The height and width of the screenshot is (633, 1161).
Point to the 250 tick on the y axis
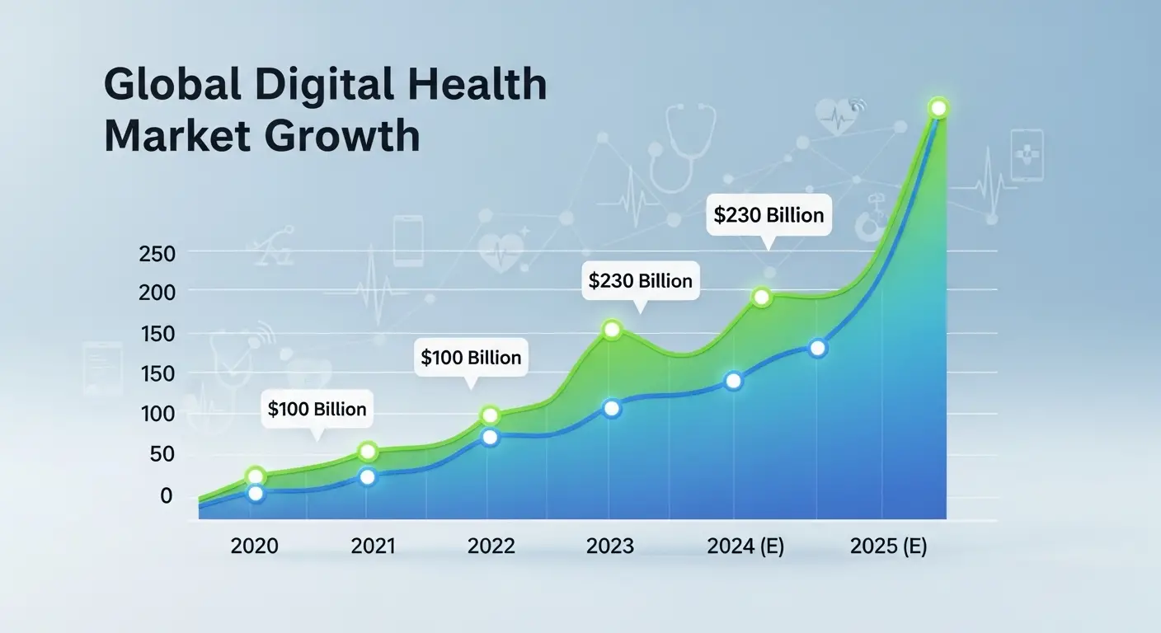coord(157,254)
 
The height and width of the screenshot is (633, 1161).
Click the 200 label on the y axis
coord(157,292)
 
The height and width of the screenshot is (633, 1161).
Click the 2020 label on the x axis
coord(255,546)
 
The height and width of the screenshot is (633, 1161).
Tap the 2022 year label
coord(491,546)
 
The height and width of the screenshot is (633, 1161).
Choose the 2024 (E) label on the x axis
coord(745,546)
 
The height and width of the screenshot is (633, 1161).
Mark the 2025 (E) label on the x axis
coord(888,546)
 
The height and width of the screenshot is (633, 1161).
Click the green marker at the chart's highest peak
coord(938,108)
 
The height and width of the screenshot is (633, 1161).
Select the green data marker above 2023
coord(611,330)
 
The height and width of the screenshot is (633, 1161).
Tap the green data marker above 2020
coord(256,476)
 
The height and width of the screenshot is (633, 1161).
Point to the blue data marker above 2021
coord(368,477)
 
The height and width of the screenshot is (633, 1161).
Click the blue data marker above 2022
coord(490,437)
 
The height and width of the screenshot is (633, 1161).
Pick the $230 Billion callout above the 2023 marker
coord(640,280)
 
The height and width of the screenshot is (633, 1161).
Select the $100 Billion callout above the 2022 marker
coord(471,358)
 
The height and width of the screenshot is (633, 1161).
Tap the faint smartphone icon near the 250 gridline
coord(408,240)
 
